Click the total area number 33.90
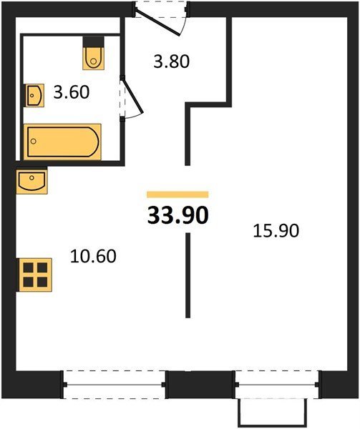(178, 215)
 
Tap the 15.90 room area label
(276, 231)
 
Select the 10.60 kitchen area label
(93, 257)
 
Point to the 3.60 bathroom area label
(72, 92)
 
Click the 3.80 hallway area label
(172, 61)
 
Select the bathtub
(62, 142)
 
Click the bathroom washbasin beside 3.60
(35, 95)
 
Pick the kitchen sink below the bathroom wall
(31, 180)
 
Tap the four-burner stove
(35, 275)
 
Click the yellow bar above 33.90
(177, 194)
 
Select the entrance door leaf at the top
(157, 23)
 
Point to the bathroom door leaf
(132, 96)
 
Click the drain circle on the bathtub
(34, 142)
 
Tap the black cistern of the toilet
(93, 41)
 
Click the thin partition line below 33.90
(188, 275)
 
